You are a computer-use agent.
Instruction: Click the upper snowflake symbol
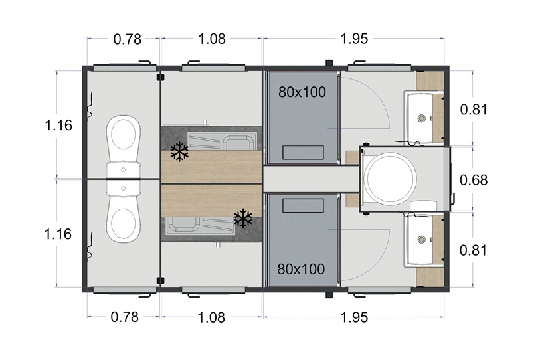click(179, 151)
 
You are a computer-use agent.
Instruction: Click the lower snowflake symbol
click(243, 218)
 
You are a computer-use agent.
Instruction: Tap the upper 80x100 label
click(302, 92)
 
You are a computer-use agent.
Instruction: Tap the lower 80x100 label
click(301, 269)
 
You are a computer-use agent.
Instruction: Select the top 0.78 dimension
click(128, 39)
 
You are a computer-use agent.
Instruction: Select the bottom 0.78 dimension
click(125, 317)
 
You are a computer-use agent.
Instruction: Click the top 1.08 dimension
click(212, 39)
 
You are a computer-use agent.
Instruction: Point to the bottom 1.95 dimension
click(354, 317)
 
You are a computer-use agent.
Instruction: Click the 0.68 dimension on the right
click(474, 180)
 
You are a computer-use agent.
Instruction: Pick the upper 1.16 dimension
click(58, 125)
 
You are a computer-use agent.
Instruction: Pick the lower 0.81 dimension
click(473, 250)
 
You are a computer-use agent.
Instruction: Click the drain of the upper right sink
click(422, 118)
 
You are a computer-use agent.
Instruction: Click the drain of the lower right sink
click(422, 239)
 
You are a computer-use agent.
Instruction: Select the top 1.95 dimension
click(354, 39)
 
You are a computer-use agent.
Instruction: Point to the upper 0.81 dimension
click(474, 109)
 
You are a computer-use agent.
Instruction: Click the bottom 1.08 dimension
click(211, 317)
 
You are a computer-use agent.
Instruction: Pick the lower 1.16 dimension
click(58, 234)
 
